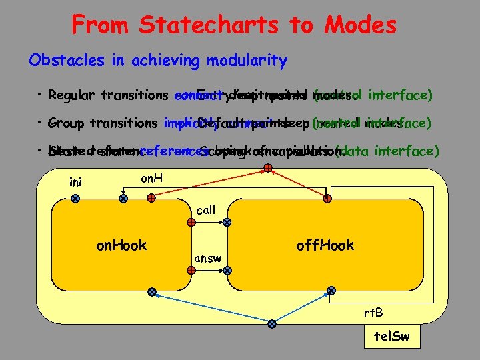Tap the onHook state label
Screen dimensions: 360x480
pos(121,245)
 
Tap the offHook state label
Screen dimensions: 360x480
pos(325,245)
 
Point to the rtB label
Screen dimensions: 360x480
pos(373,313)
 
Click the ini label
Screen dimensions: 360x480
pos(77,181)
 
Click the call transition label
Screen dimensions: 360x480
pos(206,210)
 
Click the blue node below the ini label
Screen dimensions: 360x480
pos(75,198)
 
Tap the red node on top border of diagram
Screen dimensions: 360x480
pos(267,168)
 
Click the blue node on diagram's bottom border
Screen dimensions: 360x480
pos(271,325)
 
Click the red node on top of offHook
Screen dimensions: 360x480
pos(328,198)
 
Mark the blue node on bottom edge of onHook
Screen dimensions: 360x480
pos(152,292)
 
